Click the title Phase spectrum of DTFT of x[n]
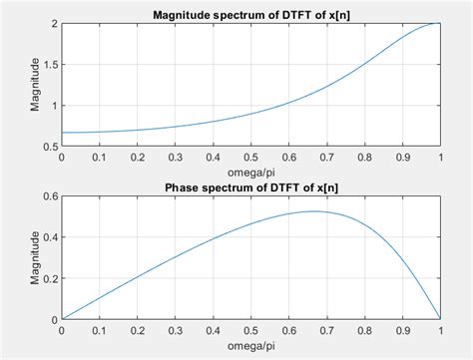coord(250,188)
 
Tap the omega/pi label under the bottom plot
coord(250,347)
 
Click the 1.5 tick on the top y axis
coord(50,64)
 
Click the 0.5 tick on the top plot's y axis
coord(50,147)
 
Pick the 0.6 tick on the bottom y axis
coord(50,196)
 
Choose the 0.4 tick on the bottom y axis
coord(50,237)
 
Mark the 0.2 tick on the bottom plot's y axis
coord(50,279)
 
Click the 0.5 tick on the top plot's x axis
coord(250,158)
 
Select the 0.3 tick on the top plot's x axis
coord(175,158)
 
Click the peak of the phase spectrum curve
coord(314,210)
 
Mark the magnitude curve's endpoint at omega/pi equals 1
coord(439,23)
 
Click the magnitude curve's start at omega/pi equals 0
coord(62,133)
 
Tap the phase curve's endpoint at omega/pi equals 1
coord(439,319)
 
